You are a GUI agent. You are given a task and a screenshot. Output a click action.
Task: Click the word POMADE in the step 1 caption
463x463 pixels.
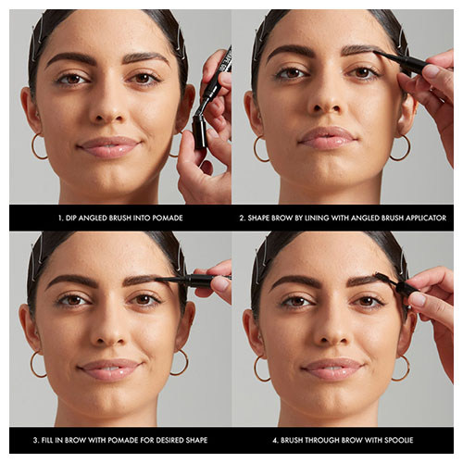[x=168, y=218]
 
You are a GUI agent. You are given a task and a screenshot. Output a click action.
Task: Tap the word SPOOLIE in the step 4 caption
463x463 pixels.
[x=397, y=440]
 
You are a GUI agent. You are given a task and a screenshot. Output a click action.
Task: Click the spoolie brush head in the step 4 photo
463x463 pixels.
[x=383, y=277]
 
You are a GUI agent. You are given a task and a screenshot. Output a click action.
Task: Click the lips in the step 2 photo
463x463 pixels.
[x=328, y=138]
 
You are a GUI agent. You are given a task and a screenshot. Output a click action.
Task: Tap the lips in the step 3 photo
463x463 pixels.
[x=108, y=369]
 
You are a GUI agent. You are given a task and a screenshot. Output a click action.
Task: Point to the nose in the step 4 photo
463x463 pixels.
[x=331, y=331]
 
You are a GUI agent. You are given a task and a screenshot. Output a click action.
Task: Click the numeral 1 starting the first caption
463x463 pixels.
[x=60, y=218]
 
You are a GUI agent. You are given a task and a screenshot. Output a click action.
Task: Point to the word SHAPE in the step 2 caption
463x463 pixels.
[x=258, y=218]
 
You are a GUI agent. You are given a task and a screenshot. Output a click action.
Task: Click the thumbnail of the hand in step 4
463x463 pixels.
[x=419, y=299]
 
